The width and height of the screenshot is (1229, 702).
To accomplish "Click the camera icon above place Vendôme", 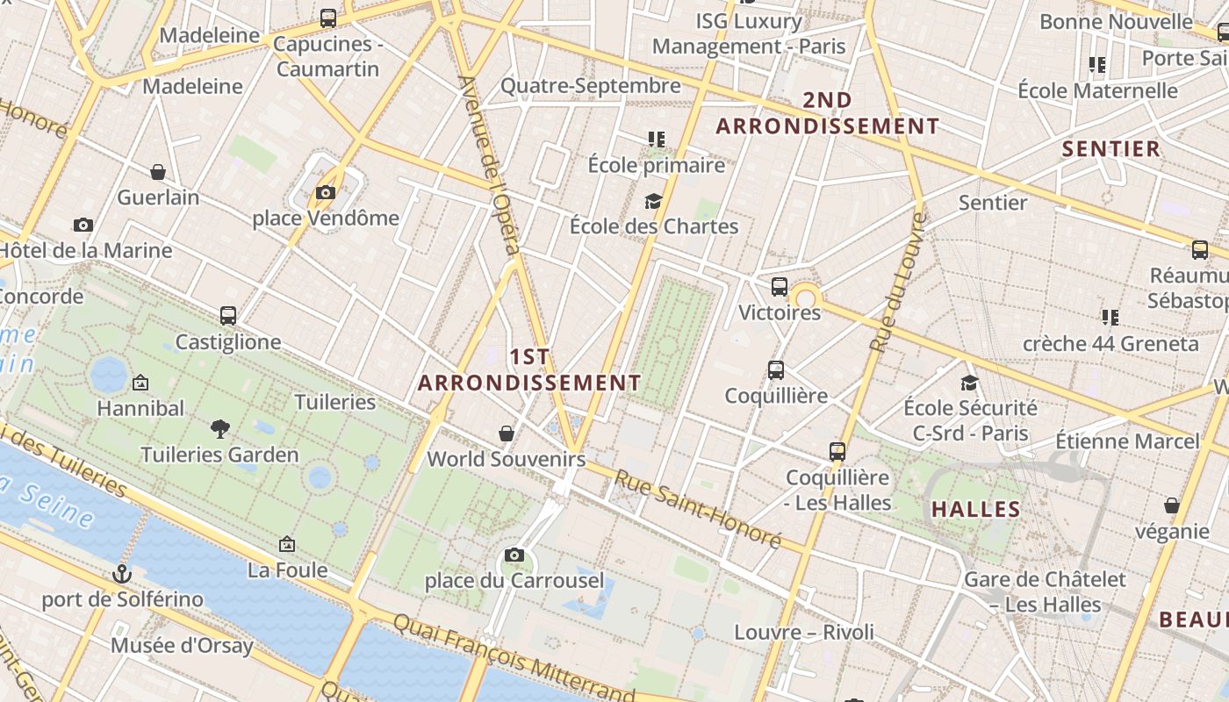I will (x=326, y=192).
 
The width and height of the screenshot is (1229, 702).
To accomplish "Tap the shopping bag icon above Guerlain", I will (x=158, y=171).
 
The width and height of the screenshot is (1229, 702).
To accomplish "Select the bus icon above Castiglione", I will (x=228, y=315).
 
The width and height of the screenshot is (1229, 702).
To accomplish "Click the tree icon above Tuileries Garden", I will (x=220, y=428).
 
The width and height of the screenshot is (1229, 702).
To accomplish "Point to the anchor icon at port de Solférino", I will (x=122, y=574).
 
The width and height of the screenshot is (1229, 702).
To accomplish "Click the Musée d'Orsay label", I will (x=182, y=647).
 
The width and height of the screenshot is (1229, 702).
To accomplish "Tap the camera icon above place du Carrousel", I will (x=514, y=555).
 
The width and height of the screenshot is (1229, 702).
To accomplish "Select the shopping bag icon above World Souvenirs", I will (x=507, y=433).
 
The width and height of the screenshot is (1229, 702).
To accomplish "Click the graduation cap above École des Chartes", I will (x=653, y=201).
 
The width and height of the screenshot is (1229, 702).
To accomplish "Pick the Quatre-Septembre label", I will (x=590, y=85).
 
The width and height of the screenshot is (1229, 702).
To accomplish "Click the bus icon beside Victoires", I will (x=779, y=286).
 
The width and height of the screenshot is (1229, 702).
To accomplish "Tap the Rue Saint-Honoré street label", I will (x=697, y=509).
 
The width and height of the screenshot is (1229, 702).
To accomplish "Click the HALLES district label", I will (x=976, y=510).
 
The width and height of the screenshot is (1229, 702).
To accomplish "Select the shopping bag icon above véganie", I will (x=1171, y=505).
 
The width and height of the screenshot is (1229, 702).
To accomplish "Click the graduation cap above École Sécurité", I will (x=970, y=383).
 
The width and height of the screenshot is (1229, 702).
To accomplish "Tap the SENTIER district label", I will (x=1111, y=148).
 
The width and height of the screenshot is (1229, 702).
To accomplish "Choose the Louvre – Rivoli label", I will (x=804, y=632).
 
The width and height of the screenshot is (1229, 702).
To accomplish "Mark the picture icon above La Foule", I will (x=286, y=544).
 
